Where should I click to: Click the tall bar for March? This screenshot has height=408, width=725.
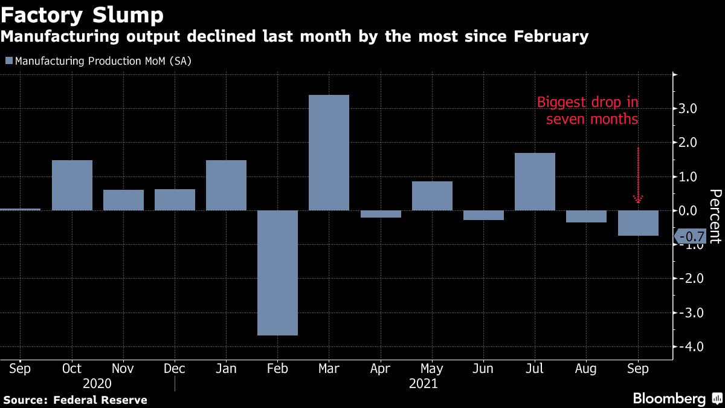click(x=329, y=152)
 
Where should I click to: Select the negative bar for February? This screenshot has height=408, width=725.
click(x=277, y=273)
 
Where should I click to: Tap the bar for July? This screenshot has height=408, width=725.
click(x=535, y=181)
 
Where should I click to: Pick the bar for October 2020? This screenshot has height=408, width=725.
click(x=72, y=185)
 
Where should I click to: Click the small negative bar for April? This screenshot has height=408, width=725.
click(x=380, y=214)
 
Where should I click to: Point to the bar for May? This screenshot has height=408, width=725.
click(x=432, y=196)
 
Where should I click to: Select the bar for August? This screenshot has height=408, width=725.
click(x=586, y=216)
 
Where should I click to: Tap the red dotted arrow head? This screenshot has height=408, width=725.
click(x=637, y=199)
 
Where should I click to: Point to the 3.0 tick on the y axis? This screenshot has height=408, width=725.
click(x=689, y=109)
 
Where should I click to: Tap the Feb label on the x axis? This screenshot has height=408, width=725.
click(x=277, y=368)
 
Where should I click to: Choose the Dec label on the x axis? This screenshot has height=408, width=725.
click(x=175, y=368)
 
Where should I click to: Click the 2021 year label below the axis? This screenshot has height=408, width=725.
click(x=423, y=383)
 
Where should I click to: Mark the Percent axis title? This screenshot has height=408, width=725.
click(x=715, y=216)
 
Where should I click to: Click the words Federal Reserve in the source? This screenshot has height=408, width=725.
click(x=100, y=400)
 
